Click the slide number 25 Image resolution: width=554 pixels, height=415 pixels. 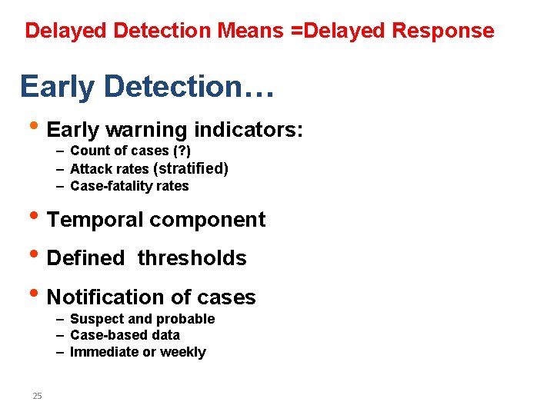click(x=37, y=396)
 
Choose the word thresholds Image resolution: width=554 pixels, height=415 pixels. click(x=192, y=258)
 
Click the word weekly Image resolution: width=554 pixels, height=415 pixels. click(x=182, y=352)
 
